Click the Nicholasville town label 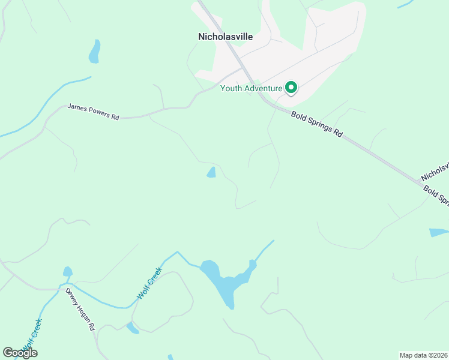coord(225,37)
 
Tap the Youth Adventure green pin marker coord(291,88)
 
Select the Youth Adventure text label coord(251,88)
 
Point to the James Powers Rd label coord(93,111)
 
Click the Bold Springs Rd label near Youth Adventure coord(316,125)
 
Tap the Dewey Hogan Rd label coord(80,309)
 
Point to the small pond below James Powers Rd coord(211,173)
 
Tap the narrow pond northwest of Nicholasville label coord(94,52)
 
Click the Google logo coord(20,353)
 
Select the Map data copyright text coord(423,355)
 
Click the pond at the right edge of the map coord(438,232)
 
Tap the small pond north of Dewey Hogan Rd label coord(67,272)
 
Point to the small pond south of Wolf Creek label coord(132,328)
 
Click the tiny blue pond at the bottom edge coord(170,357)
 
